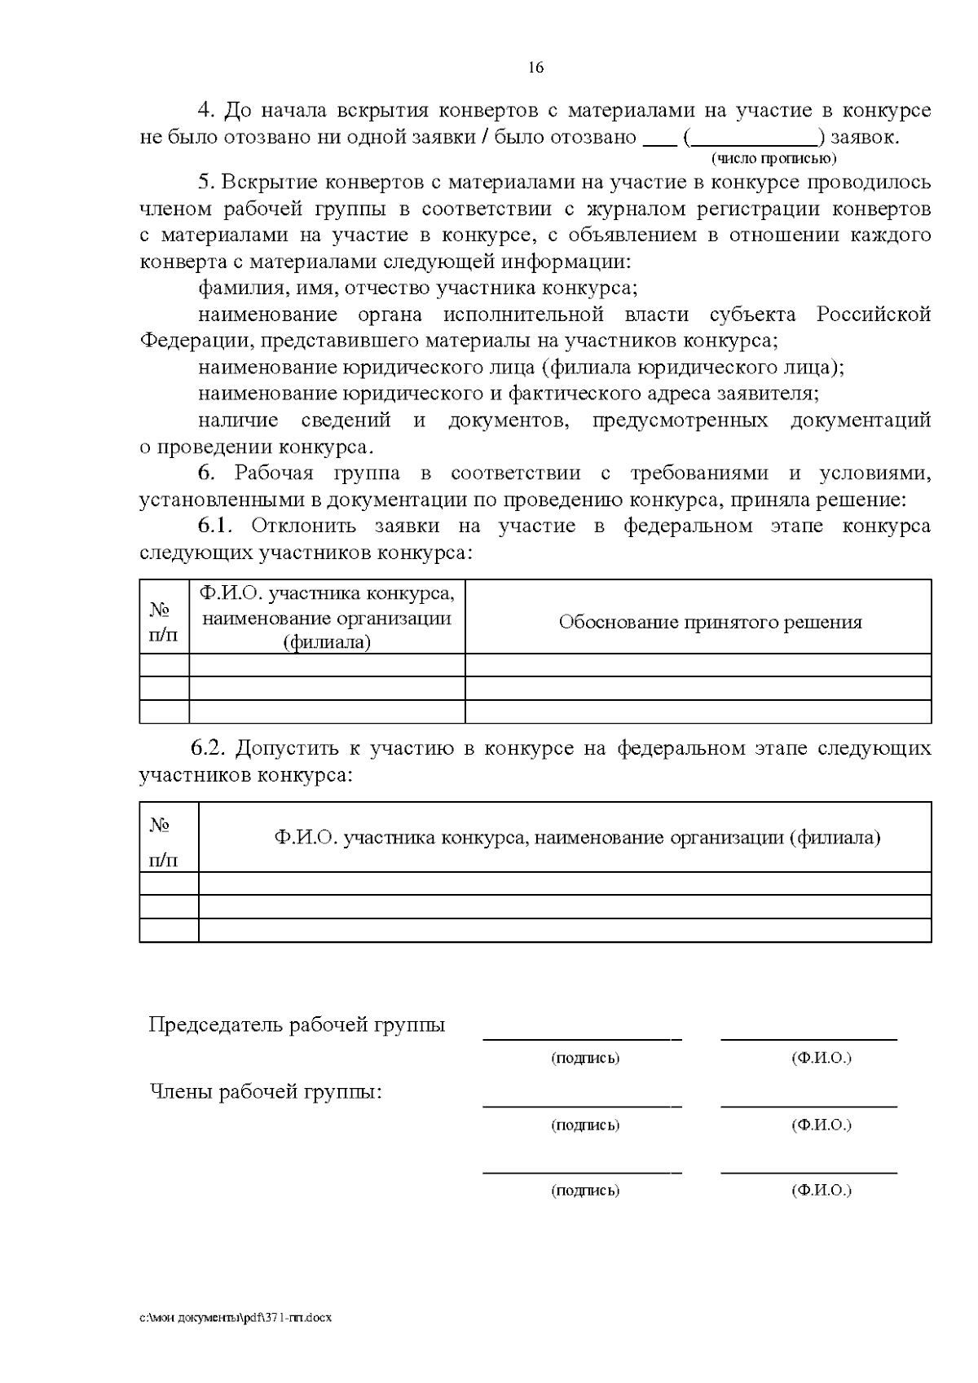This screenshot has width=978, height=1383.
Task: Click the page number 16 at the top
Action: (x=535, y=68)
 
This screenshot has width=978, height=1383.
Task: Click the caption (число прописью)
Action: (x=774, y=157)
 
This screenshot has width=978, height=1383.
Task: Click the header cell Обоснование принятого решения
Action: (x=710, y=623)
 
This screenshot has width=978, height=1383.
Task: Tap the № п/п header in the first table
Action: (x=164, y=622)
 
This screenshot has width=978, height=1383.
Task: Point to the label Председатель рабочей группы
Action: (x=297, y=1025)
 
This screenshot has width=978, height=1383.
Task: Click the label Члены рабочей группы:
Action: (x=266, y=1091)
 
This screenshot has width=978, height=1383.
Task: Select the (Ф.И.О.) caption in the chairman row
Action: (x=821, y=1058)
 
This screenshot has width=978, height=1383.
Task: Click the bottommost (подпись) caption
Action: (x=585, y=1191)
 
